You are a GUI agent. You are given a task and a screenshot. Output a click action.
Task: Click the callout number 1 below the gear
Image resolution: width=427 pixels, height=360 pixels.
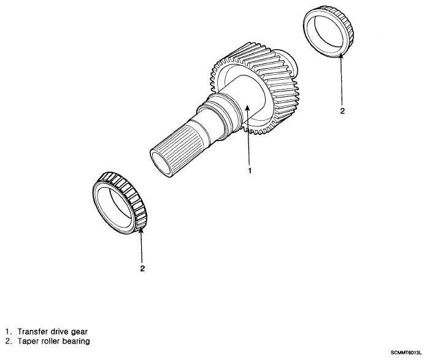point(250,170)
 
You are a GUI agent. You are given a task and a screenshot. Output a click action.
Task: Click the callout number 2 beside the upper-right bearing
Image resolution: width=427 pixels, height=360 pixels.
point(342,111)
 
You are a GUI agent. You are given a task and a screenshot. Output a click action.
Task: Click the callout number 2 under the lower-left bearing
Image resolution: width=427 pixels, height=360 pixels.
point(142,269)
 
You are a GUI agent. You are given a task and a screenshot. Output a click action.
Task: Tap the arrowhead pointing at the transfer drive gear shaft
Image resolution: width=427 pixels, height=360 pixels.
point(247,108)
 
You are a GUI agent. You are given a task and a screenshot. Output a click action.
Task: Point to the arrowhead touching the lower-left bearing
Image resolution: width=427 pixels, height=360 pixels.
point(141,231)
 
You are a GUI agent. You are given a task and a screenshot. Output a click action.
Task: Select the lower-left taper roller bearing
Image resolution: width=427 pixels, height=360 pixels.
point(120,204)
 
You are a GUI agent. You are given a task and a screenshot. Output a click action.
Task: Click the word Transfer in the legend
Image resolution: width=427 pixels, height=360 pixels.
point(33,332)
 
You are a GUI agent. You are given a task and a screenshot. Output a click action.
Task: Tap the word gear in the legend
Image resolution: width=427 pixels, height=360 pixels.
point(79,332)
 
